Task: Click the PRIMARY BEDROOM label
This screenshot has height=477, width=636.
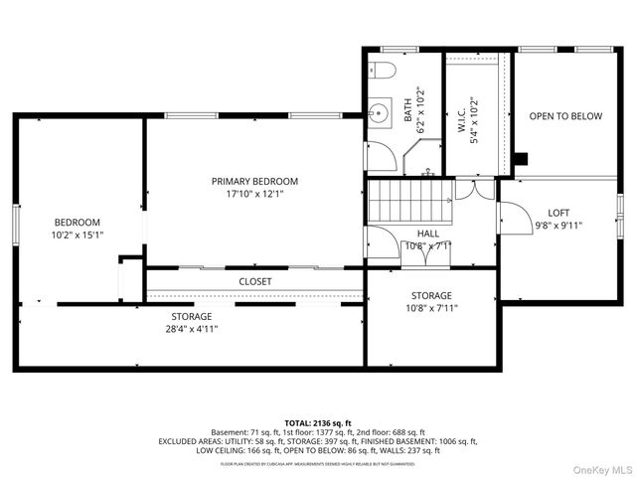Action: [x=254, y=181]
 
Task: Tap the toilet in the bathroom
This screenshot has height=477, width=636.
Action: [x=384, y=69]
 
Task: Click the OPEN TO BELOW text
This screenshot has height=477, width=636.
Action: [x=564, y=116]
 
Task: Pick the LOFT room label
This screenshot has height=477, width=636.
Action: [x=558, y=213]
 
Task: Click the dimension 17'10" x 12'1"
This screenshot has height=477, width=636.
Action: [x=254, y=195]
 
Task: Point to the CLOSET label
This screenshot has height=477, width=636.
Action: [x=254, y=281]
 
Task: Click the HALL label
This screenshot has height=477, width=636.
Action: [x=428, y=234]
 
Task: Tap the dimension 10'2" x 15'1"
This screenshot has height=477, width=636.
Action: [x=79, y=235]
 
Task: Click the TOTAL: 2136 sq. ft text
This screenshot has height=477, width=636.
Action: [x=317, y=422]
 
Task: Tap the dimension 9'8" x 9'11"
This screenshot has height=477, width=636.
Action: [x=558, y=226]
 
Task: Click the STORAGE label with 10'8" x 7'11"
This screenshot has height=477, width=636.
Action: [x=431, y=295]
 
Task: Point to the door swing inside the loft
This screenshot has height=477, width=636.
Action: [x=509, y=216]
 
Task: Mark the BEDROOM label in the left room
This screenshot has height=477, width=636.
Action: [x=79, y=222]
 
